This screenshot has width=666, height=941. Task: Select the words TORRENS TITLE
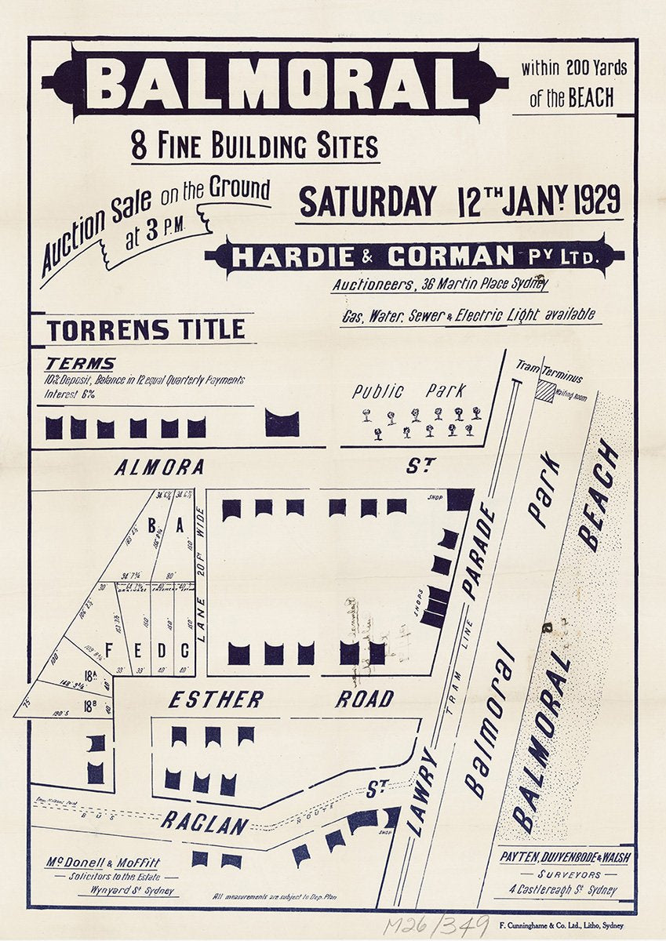(145, 330)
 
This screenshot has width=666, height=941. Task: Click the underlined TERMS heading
(79, 364)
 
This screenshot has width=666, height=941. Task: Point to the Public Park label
(408, 391)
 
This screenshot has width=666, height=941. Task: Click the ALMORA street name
(159, 468)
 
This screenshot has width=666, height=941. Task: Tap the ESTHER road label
(216, 699)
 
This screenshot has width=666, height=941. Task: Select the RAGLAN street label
(205, 823)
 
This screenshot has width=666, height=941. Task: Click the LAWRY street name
(423, 792)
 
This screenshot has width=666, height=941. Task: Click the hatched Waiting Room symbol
(544, 392)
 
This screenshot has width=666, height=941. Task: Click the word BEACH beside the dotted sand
(598, 496)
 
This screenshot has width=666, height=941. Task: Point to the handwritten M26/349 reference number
(435, 926)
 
